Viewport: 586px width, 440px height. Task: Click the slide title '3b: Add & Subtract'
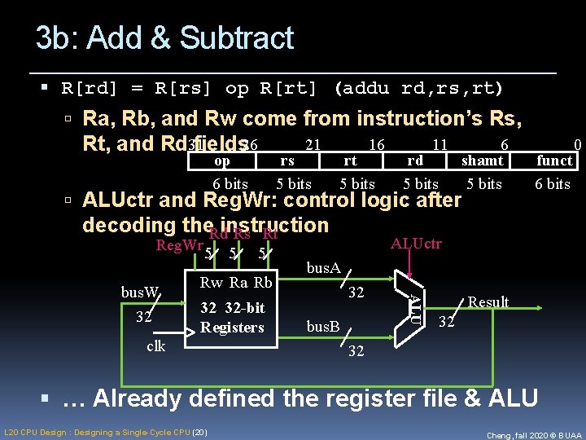(164, 38)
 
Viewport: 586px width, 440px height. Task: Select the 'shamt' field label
(483, 161)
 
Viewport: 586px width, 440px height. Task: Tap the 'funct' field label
(553, 161)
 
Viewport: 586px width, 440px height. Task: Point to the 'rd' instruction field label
(415, 161)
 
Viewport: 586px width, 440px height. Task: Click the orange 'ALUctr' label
(416, 244)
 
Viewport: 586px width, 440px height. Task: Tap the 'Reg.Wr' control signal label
(180, 245)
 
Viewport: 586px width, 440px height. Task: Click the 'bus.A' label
(323, 266)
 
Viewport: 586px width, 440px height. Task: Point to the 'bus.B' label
(323, 326)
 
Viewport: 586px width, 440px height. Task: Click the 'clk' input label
(155, 345)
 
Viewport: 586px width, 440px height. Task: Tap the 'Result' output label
(488, 302)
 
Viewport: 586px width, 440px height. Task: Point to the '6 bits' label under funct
(553, 184)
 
